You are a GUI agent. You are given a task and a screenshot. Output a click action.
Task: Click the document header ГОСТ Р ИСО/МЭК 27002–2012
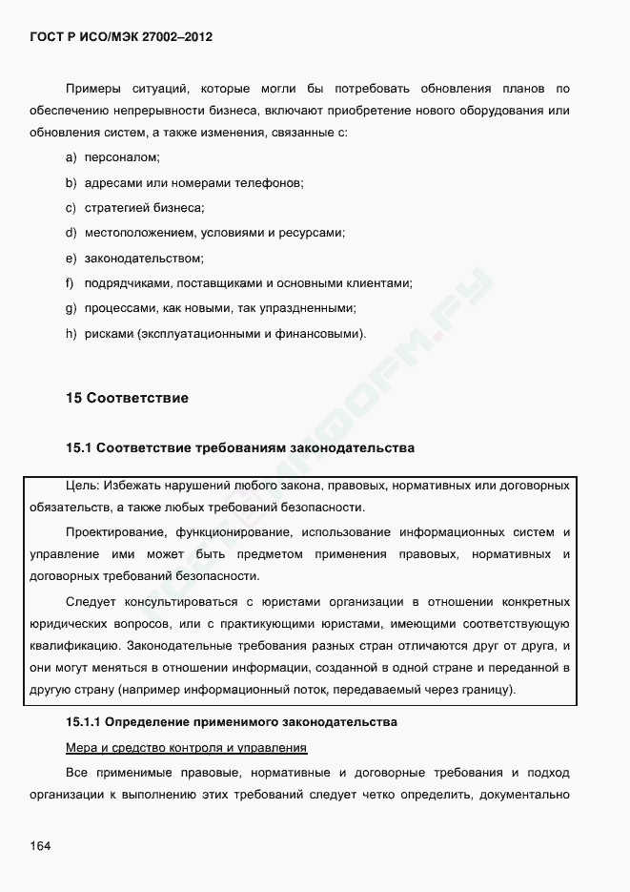point(121,37)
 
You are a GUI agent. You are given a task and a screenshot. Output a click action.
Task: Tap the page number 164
point(40,846)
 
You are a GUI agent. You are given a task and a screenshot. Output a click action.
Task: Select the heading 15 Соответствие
point(127,398)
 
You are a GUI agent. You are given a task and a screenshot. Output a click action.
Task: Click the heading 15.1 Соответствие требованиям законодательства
point(239,447)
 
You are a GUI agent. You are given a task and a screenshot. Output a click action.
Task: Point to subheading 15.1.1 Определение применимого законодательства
point(231,721)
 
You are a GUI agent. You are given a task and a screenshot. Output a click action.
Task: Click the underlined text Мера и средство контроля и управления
point(186,746)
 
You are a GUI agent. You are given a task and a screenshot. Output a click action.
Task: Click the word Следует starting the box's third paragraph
point(89,602)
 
